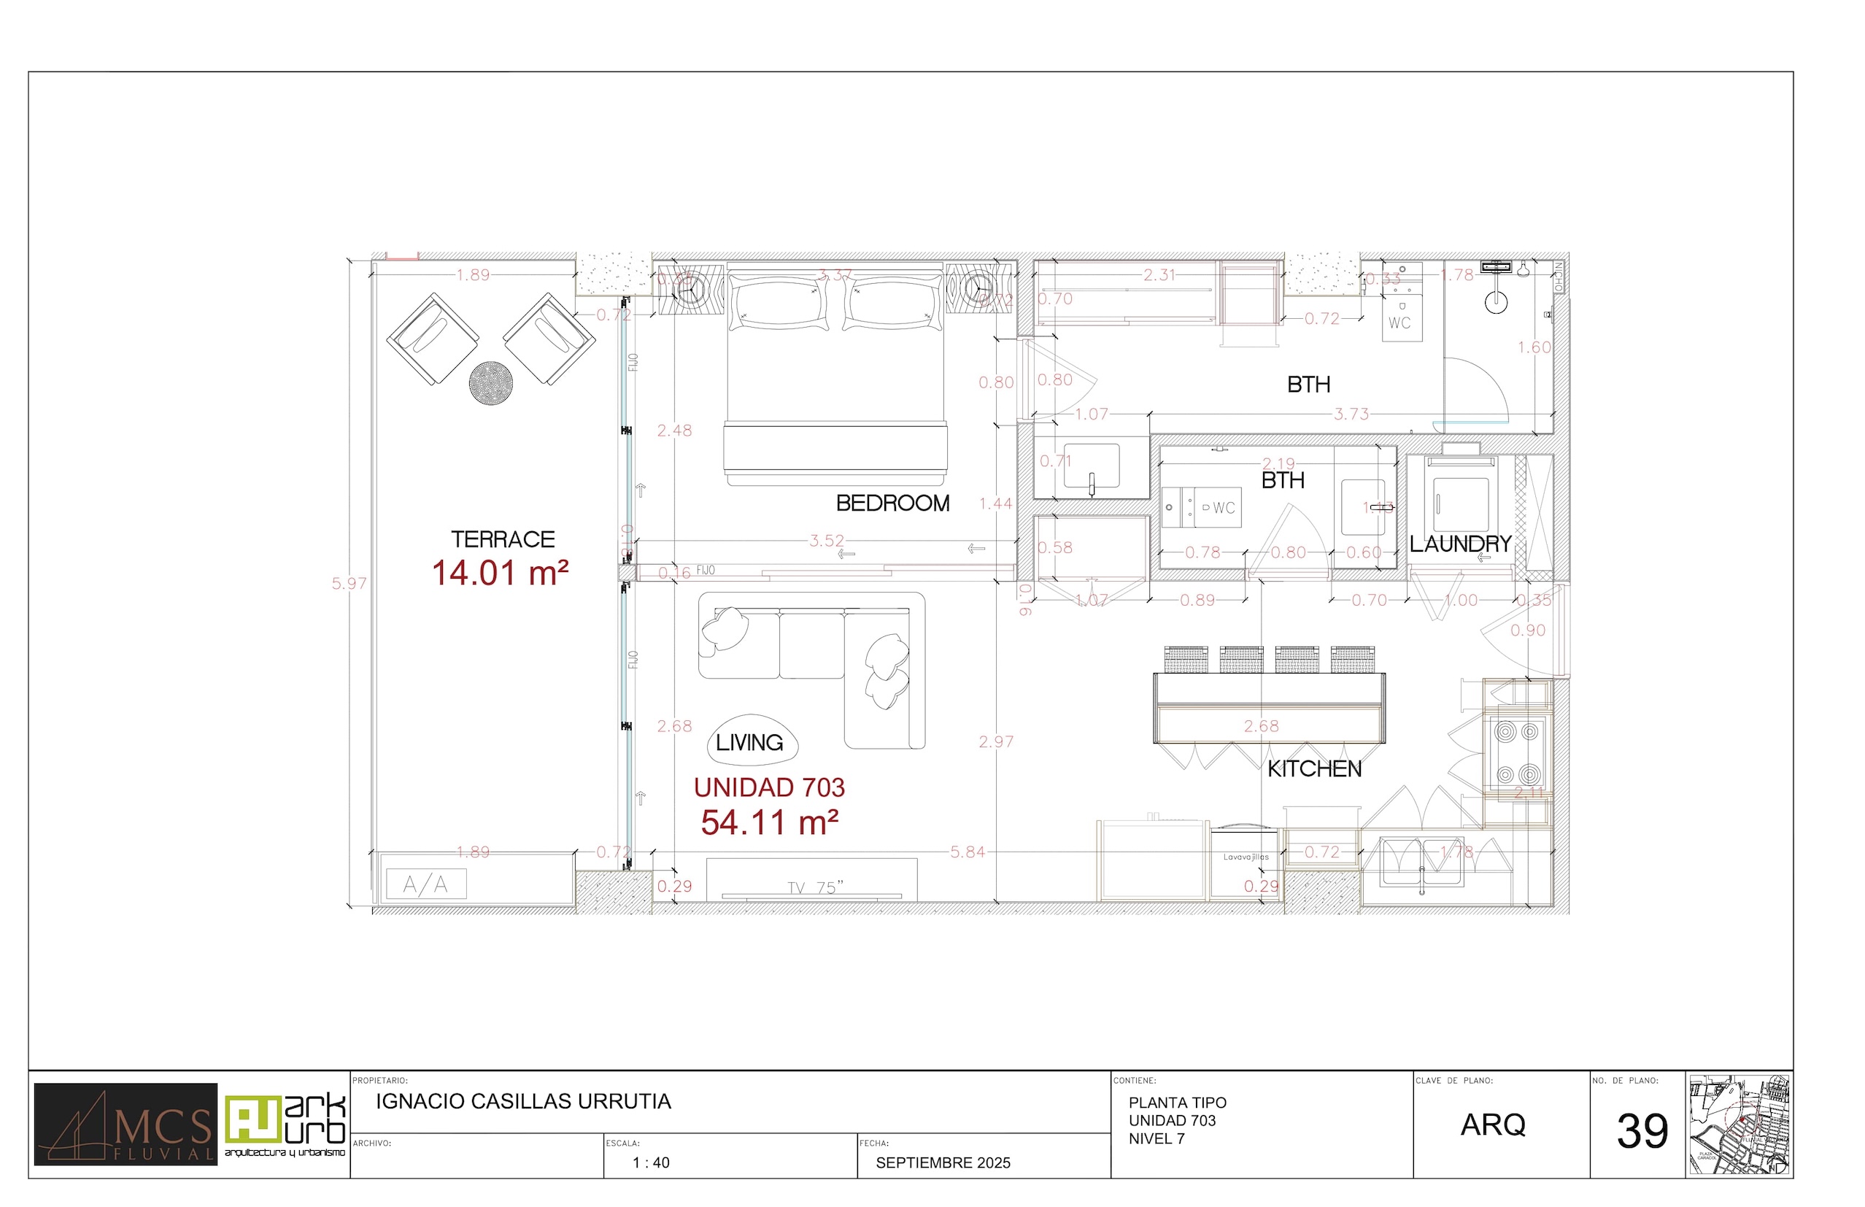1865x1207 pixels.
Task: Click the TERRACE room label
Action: click(502, 539)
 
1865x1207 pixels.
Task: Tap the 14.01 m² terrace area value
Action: click(500, 573)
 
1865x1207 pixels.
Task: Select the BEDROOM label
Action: click(892, 504)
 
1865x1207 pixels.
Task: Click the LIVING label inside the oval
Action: click(749, 742)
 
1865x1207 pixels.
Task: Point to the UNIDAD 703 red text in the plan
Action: click(769, 787)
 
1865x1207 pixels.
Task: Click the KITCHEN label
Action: click(1314, 769)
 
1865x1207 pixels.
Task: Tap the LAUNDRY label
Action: click(1460, 544)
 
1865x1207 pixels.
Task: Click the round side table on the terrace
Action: click(490, 382)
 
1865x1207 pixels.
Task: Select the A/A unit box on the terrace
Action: click(425, 885)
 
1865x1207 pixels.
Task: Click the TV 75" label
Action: click(815, 887)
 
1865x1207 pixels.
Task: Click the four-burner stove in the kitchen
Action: click(1517, 753)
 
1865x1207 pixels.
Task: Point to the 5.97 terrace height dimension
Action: click(349, 583)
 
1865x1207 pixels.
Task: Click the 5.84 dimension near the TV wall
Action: click(967, 852)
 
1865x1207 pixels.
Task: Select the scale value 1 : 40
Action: click(650, 1162)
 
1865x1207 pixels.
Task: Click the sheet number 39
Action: click(1642, 1131)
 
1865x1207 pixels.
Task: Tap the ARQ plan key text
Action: click(1492, 1125)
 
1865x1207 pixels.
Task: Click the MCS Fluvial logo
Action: click(126, 1124)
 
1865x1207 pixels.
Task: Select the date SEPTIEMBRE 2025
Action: click(943, 1162)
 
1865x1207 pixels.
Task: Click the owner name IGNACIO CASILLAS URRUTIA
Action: click(522, 1101)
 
